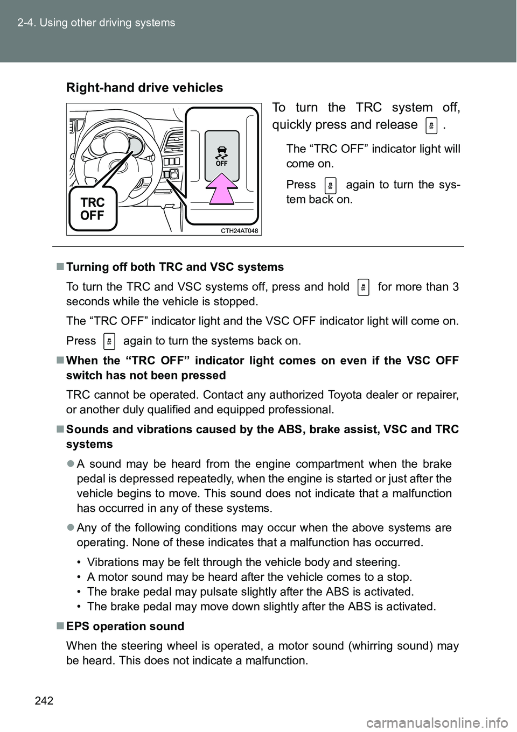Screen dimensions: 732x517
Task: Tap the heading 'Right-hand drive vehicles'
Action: tap(144, 88)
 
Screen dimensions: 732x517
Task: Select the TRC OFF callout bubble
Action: tap(93, 209)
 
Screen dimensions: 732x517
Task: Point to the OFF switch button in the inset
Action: tap(221, 156)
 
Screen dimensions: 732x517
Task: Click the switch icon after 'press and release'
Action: tap(431, 125)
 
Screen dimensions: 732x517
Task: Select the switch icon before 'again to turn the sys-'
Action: tap(331, 185)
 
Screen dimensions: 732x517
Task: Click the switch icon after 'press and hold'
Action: tap(364, 287)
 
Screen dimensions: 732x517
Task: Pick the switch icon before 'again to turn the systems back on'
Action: tap(109, 341)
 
